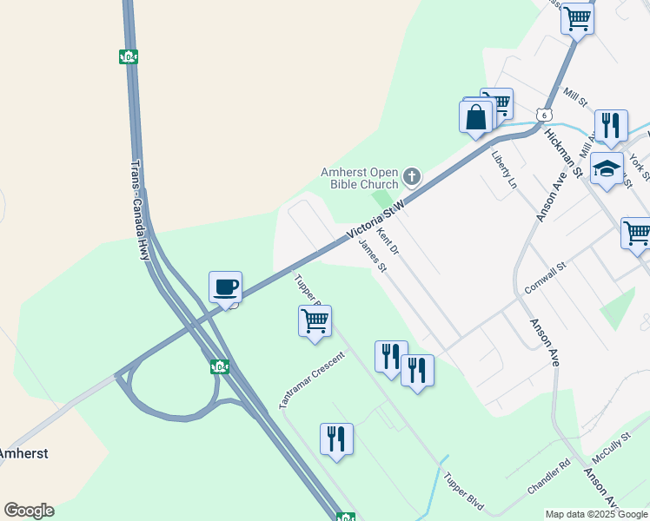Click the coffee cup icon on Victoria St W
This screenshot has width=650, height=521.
coord(225,287)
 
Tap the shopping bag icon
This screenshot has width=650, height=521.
coord(476,116)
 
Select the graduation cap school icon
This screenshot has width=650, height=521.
coord(607,168)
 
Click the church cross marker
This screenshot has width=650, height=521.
coord(412,177)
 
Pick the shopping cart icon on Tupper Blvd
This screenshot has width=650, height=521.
coord(315,320)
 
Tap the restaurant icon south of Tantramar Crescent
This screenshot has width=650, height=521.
coord(336,439)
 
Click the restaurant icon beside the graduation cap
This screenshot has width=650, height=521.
coord(611,125)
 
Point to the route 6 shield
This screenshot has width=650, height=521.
coord(543,115)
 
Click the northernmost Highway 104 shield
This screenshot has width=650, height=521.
coord(128,57)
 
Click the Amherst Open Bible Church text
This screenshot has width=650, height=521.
coord(360,177)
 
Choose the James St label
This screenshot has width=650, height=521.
coord(372,256)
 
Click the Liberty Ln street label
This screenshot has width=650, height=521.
coord(504,167)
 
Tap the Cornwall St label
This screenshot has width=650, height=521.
coord(546,278)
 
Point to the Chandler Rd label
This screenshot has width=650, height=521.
coord(548,478)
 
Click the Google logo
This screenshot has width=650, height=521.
coord(29,511)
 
